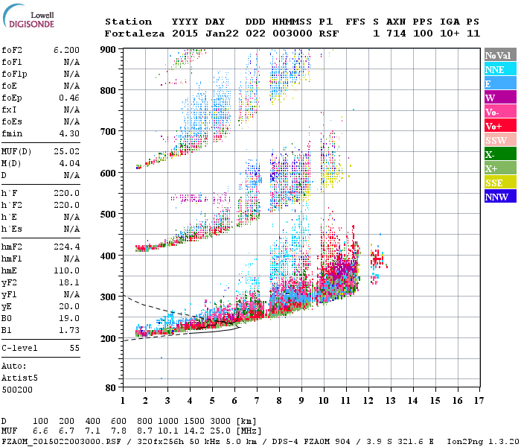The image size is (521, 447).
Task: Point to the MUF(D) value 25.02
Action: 67,152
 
